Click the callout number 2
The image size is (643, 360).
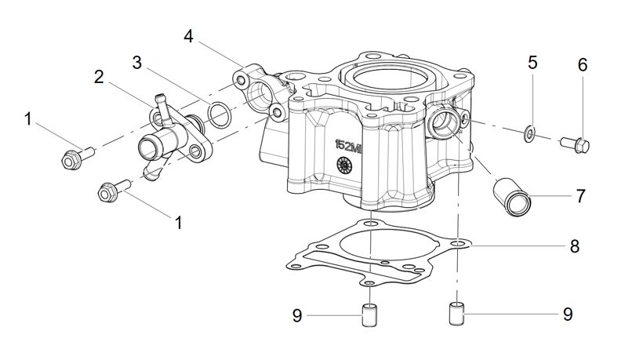coord(99,77)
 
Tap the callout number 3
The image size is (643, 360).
coord(136,63)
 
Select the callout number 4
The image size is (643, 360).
coord(188,36)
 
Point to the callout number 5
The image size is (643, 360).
coord(532,64)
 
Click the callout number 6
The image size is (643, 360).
coord(583,65)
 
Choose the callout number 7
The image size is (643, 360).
coord(580,196)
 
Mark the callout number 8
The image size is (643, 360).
coord(575,246)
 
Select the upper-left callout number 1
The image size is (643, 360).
coord(28,119)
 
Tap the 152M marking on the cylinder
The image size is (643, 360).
coord(349,146)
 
